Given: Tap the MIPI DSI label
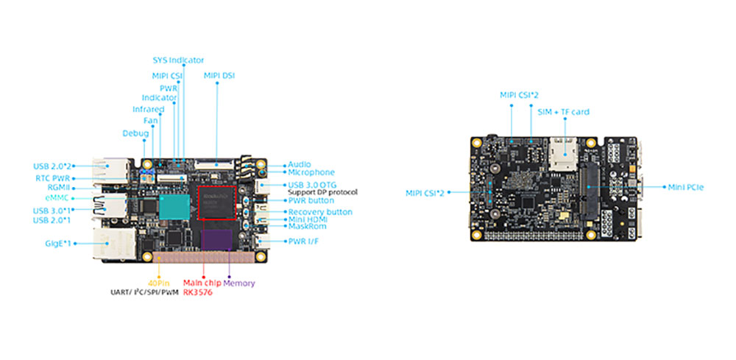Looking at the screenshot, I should click(219, 75).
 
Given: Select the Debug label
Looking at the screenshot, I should click(136, 133).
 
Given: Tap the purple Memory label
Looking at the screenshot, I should click(239, 283).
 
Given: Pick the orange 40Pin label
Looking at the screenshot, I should click(158, 283).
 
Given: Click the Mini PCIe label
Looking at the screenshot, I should click(686, 188).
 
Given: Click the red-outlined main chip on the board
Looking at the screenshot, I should click(216, 202).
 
